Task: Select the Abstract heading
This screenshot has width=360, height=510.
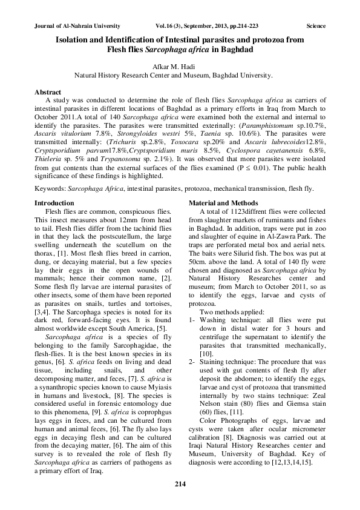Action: pos(49,91)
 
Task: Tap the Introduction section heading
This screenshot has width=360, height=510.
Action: pos(54,202)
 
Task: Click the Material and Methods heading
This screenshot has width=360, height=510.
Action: pos(223,202)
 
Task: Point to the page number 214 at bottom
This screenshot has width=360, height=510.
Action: pos(180,483)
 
